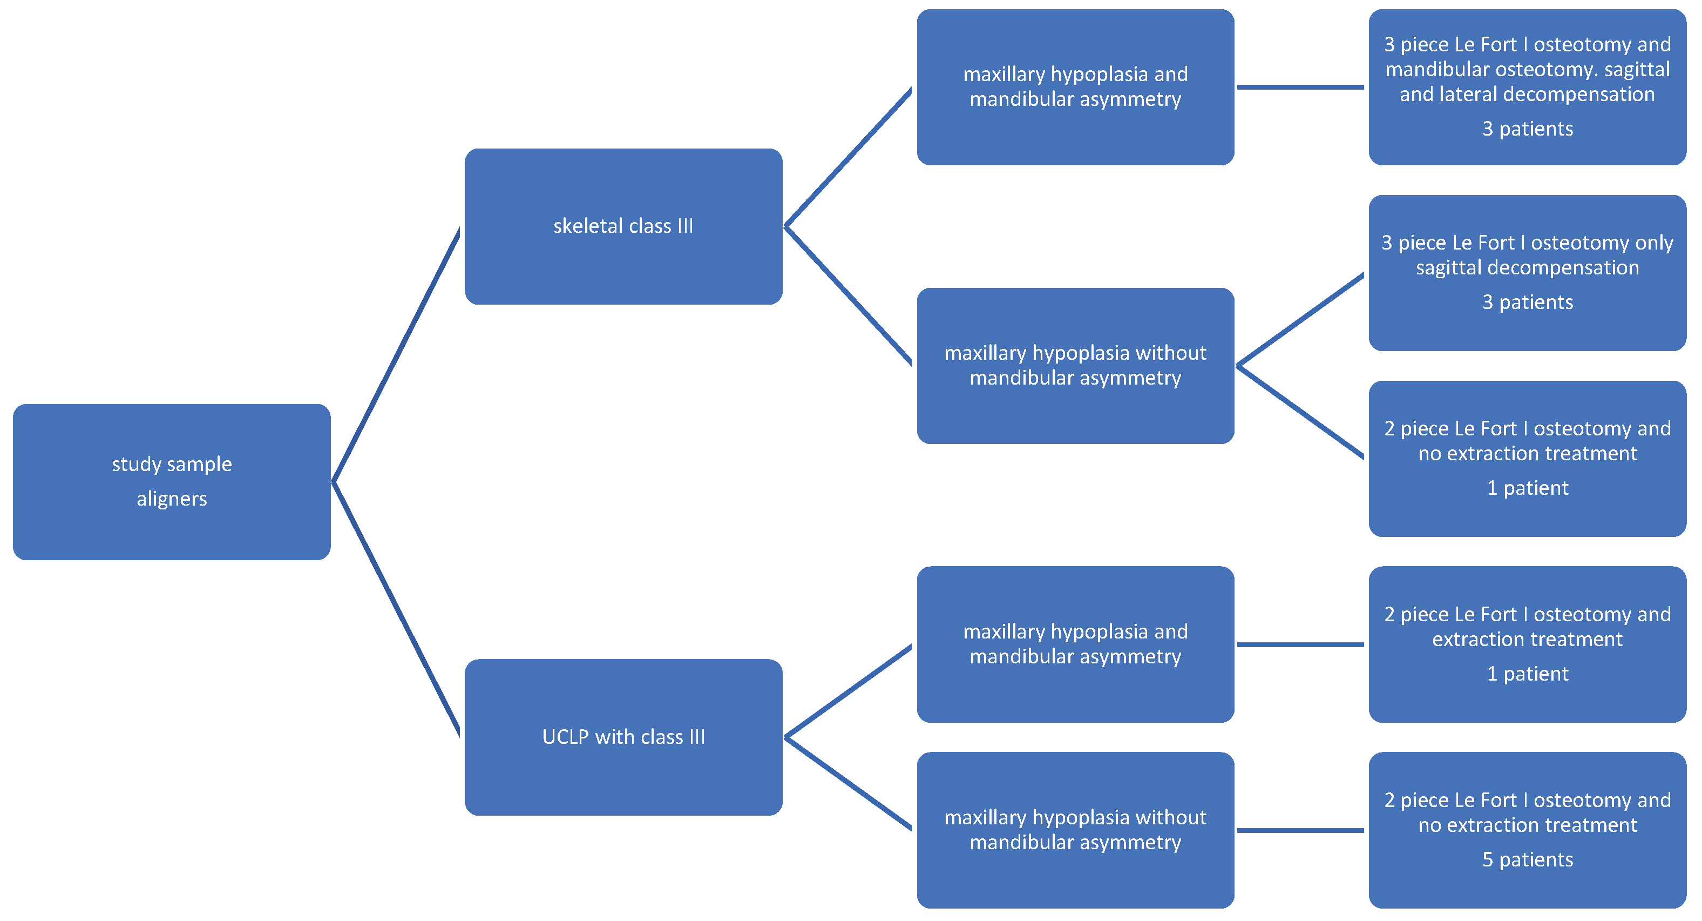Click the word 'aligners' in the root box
pyautogui.click(x=172, y=499)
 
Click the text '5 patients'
pyautogui.click(x=1527, y=859)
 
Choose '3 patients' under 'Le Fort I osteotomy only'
pyautogui.click(x=1527, y=302)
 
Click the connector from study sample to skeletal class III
pyautogui.click(x=396, y=354)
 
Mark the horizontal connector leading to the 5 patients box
pyautogui.click(x=1300, y=830)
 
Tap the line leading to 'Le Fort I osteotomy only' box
pyautogui.click(x=1300, y=320)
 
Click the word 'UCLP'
pyautogui.click(x=565, y=737)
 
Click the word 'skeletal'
pyautogui.click(x=588, y=226)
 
